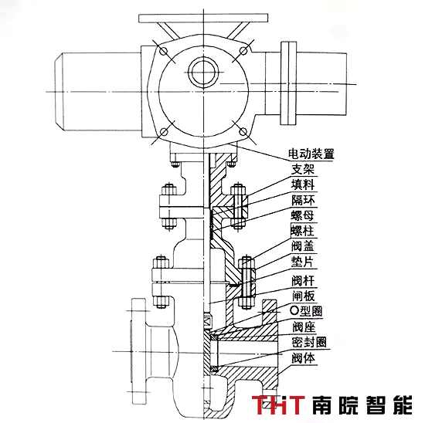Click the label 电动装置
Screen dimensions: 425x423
click(311, 154)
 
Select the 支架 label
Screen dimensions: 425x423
click(303, 169)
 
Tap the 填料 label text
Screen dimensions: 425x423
click(303, 184)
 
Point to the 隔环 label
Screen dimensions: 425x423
click(303, 200)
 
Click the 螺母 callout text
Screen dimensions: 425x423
click(302, 215)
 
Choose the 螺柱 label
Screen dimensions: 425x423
click(302, 231)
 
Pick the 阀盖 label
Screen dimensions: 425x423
click(303, 246)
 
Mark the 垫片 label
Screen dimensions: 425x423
click(302, 262)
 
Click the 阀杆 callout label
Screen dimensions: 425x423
click(303, 280)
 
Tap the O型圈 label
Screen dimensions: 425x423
click(306, 311)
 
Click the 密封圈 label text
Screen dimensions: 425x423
click(309, 342)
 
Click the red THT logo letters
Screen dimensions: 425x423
click(278, 404)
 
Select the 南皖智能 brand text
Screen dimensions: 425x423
click(362, 404)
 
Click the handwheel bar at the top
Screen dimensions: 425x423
click(203, 19)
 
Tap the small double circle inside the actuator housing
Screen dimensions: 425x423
click(203, 73)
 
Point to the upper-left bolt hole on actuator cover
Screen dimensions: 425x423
click(164, 51)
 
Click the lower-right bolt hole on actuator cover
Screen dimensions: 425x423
click(243, 132)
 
